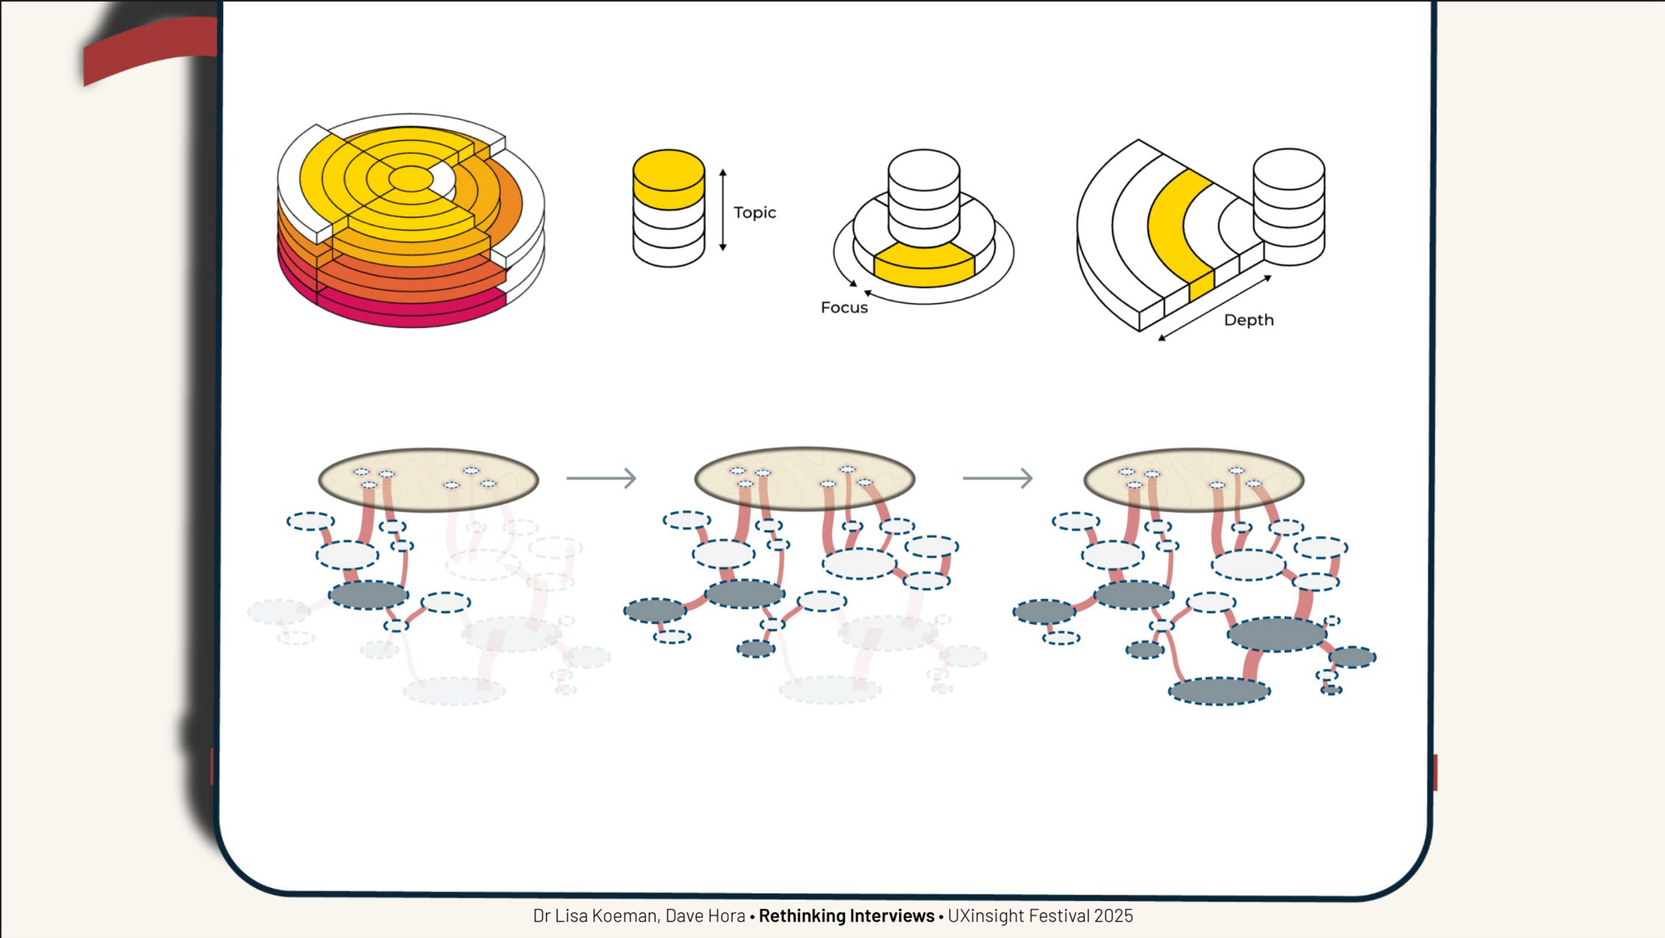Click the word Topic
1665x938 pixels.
coord(754,212)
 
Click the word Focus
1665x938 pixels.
coord(843,307)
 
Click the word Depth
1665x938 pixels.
coord(1248,320)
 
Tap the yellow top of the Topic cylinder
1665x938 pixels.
coord(668,171)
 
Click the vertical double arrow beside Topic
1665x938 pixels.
coord(723,210)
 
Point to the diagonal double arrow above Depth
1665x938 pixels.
coord(1215,307)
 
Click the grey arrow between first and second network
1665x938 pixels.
coord(601,478)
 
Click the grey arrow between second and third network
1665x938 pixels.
coord(997,478)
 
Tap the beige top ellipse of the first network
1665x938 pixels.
coord(428,481)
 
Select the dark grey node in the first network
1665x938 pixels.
coord(368,595)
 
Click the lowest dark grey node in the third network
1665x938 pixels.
coord(1219,691)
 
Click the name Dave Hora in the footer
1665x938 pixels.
coord(705,916)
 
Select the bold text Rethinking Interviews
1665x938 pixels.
coord(846,916)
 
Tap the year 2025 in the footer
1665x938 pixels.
coord(1113,916)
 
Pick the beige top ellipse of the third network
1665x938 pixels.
coord(1193,481)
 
